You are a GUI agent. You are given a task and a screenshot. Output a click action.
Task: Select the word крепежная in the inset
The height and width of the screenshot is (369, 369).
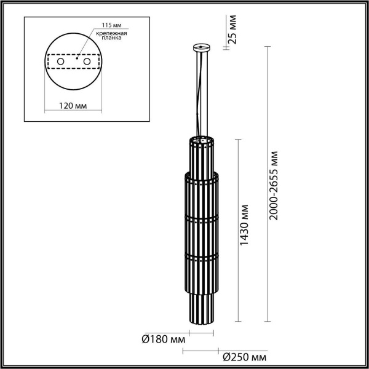[114, 33]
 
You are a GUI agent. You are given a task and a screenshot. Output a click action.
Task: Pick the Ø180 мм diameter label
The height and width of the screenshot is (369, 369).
[161, 337]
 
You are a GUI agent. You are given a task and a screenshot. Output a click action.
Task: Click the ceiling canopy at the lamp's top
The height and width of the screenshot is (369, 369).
[201, 47]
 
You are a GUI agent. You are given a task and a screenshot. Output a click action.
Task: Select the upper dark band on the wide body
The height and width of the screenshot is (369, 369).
[201, 218]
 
